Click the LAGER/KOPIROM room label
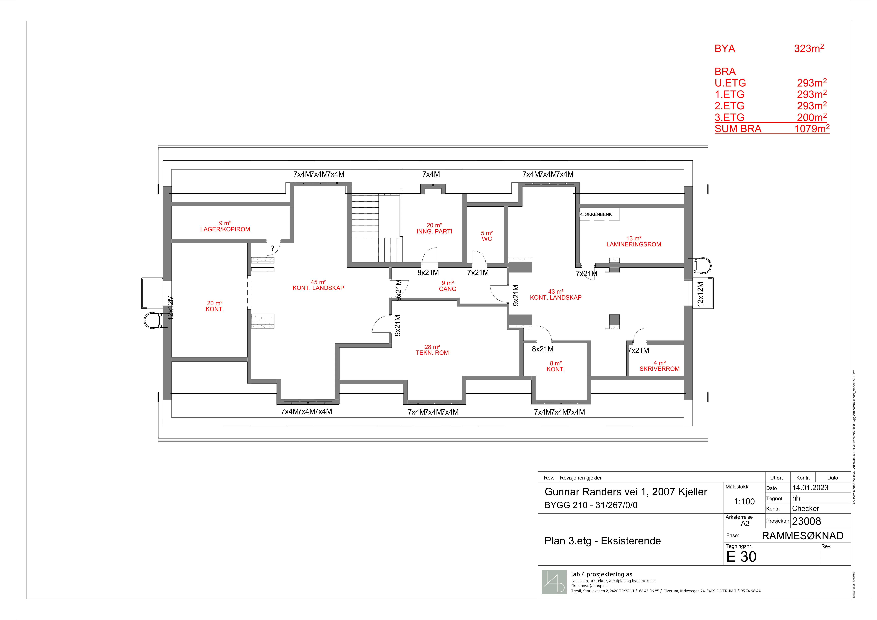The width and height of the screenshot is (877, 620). point(225,229)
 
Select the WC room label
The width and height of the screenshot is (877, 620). point(487,239)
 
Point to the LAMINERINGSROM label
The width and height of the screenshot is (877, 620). point(634,244)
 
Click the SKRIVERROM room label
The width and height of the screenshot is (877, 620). point(660,369)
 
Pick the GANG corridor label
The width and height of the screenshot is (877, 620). point(448,289)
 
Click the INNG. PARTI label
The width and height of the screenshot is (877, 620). point(434,231)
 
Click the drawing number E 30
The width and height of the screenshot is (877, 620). point(741,557)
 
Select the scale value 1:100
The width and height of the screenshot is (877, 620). point(744,502)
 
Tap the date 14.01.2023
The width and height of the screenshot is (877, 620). point(810,487)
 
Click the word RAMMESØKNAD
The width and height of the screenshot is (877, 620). point(803,536)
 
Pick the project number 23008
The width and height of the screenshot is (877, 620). point(806,521)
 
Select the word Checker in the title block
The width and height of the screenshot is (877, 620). point(806,508)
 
